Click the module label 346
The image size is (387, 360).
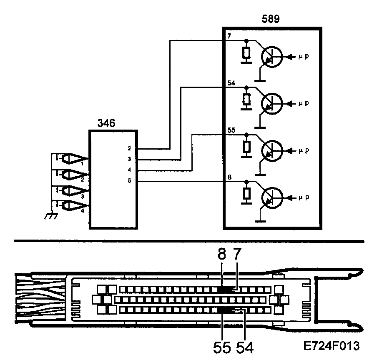106,123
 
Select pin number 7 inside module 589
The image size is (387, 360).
229,37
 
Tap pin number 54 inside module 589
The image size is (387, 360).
231,83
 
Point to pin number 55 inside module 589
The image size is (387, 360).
231,130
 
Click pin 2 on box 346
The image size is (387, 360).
130,148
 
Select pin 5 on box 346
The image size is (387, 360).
130,181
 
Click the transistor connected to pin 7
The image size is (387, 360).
271,57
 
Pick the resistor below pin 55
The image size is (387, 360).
247,147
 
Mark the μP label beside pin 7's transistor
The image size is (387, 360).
304,56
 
